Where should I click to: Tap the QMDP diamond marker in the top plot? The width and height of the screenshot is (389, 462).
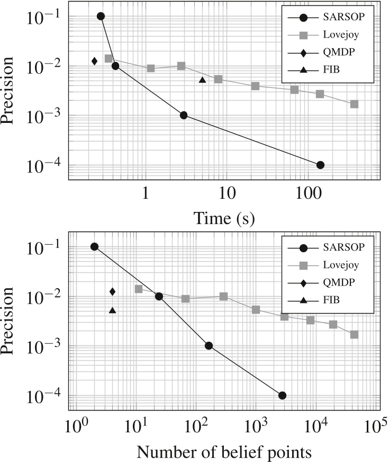pos(94,61)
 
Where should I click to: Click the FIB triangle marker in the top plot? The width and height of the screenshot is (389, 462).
pos(202,80)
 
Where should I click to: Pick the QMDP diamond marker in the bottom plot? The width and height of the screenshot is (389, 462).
pos(112,291)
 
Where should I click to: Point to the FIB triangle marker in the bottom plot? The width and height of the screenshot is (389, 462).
pos(112,310)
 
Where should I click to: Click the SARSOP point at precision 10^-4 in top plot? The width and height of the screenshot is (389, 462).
pos(320,165)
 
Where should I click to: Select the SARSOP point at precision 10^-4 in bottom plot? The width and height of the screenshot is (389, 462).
pos(282,395)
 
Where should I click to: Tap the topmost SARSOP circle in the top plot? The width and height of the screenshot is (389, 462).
pos(101,16)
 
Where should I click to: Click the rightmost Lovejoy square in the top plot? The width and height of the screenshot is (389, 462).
pos(354,104)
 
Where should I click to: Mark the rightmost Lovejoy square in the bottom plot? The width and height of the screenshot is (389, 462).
pos(354,334)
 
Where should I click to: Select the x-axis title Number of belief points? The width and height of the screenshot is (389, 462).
pos(224,452)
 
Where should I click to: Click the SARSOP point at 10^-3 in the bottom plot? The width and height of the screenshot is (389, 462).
pos(209,345)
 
